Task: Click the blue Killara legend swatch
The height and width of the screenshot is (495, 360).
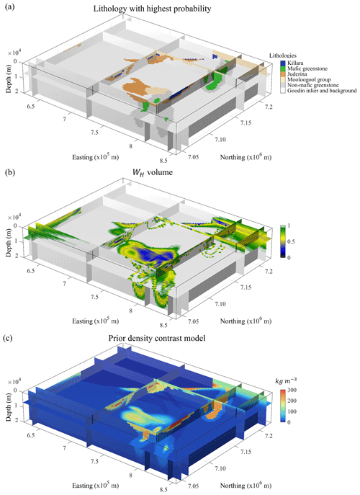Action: coord(283,63)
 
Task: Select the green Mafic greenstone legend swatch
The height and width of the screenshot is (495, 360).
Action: coord(283,68)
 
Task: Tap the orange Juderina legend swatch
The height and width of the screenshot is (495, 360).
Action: coord(283,74)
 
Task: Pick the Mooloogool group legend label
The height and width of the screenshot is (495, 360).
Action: coord(309,79)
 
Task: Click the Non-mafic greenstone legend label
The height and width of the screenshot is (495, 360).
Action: coord(313,85)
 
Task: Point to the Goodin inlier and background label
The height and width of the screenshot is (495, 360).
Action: coord(322,91)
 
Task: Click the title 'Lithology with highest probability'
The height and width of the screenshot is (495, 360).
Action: coord(152,9)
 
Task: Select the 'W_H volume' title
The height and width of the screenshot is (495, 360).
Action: coord(153,172)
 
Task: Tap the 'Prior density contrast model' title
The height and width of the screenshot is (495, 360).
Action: coord(157,338)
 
